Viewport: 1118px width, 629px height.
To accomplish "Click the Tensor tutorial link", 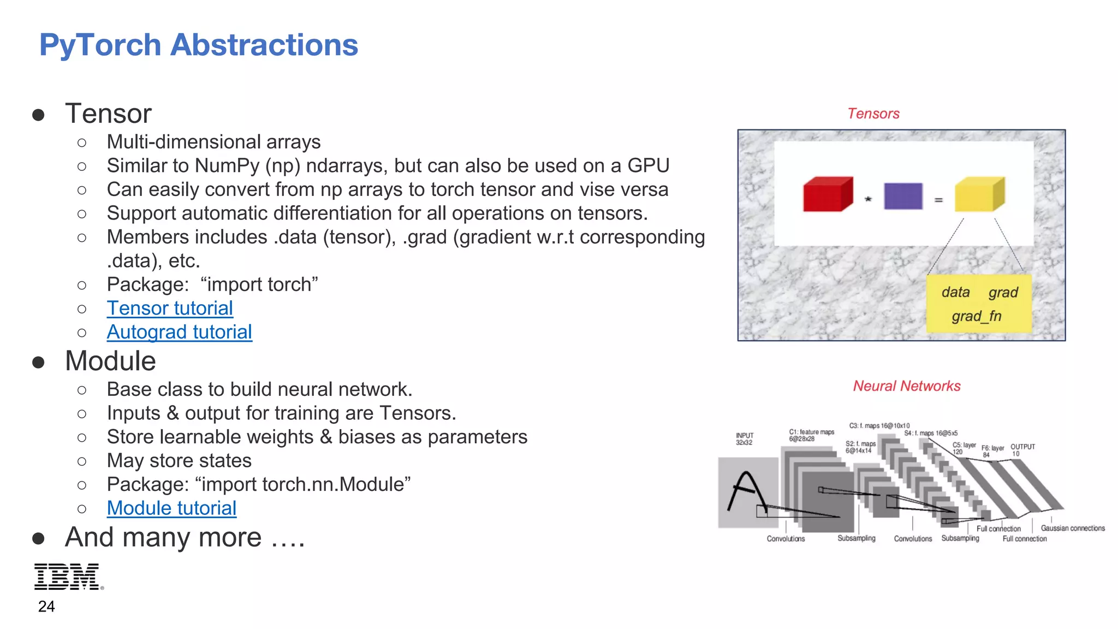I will (170, 308).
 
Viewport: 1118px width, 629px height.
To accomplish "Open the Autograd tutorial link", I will (179, 332).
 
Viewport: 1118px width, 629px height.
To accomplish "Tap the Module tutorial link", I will (171, 508).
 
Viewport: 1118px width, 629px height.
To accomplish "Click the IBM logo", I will (68, 577).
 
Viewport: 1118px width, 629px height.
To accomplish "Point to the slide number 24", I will (46, 607).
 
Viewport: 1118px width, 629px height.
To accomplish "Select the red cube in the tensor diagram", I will (827, 194).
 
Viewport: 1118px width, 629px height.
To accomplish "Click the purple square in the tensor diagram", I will (903, 196).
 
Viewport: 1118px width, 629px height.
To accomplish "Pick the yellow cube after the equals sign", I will (979, 194).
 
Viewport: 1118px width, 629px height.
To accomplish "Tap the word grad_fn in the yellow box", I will (976, 316).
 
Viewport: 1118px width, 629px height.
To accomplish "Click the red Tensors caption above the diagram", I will (873, 114).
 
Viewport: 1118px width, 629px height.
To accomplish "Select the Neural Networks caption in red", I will (906, 386).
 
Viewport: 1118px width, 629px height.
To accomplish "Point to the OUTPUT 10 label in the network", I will (1022, 450).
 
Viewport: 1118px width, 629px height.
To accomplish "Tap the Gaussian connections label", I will (1072, 528).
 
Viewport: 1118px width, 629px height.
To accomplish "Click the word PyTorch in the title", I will (100, 45).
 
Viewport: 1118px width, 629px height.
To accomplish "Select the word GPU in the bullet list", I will (648, 165).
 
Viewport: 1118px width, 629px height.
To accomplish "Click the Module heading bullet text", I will (110, 361).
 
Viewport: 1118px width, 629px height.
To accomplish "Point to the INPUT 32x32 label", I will (744, 439).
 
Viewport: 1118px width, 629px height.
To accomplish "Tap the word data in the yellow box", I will (955, 292).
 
